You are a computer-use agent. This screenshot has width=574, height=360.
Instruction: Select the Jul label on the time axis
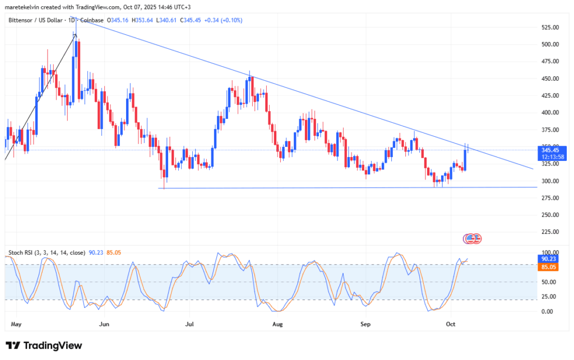coord(189,324)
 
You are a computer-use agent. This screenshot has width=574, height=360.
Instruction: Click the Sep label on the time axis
coord(365,324)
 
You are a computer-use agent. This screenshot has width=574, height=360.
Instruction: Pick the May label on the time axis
coord(16,324)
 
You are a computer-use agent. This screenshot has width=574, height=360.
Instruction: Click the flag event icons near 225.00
coord(472,238)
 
